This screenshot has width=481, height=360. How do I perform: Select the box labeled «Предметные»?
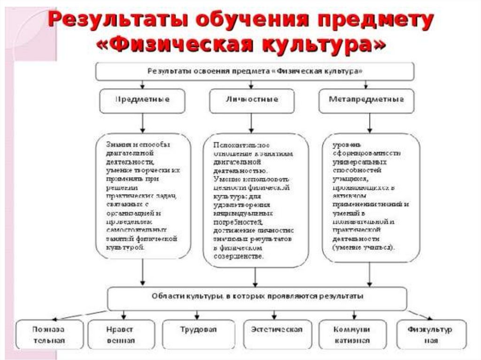[x=142, y=100]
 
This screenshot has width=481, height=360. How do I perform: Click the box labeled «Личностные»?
[x=251, y=100]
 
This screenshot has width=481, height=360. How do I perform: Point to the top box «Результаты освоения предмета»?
[x=255, y=71]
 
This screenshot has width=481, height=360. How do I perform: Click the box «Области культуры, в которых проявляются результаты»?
[x=257, y=298]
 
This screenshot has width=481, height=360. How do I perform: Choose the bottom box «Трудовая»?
[x=198, y=334]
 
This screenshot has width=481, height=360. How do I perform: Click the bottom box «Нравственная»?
[x=121, y=334]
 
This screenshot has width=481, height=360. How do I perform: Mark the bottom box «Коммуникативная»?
[x=352, y=334]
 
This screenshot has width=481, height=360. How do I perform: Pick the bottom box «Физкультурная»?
[x=431, y=334]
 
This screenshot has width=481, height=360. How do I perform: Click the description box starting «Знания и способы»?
[x=143, y=196]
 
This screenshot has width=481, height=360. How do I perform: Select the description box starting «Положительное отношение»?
[x=255, y=200]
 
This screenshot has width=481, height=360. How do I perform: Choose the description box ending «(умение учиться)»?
[x=371, y=197]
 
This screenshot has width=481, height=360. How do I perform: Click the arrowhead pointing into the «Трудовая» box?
[x=197, y=317]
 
